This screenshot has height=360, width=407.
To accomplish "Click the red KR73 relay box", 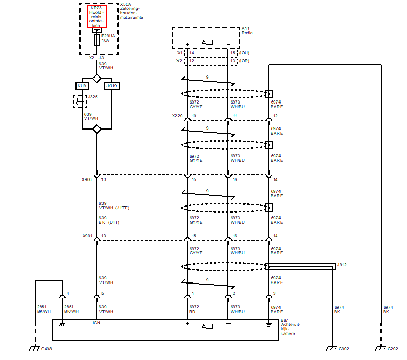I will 97,16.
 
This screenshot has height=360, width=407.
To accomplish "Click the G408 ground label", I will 47,349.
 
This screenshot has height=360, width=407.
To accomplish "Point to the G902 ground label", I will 345,349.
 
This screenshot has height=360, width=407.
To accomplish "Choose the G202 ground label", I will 393,349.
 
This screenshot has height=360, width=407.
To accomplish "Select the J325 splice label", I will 93,97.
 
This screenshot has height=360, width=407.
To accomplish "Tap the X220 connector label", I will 177,116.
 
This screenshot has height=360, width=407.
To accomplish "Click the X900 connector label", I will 87,179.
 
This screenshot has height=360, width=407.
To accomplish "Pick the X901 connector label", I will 87,236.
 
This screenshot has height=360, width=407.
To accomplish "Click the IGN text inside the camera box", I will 95,322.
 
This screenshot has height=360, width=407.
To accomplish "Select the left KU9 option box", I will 82,86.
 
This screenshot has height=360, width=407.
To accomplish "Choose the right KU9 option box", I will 112,86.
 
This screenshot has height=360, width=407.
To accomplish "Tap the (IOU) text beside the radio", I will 244,53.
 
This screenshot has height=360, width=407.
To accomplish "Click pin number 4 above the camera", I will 68,293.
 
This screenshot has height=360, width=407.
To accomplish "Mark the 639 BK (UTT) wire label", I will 109,220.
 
